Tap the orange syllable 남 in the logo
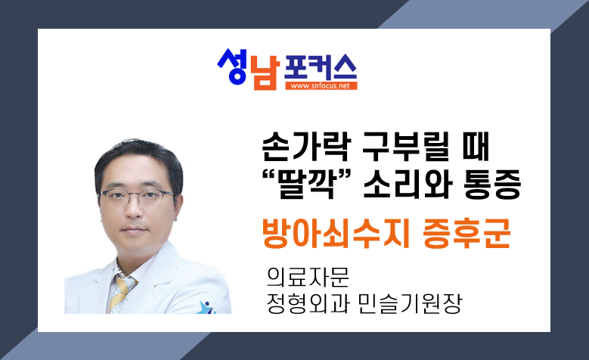click(x=265, y=73)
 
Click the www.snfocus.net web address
click(x=321, y=85)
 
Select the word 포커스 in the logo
click(x=320, y=67)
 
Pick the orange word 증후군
click(x=467, y=233)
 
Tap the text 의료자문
click(x=308, y=278)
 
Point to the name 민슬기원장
click(x=410, y=303)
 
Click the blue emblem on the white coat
click(x=206, y=307)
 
